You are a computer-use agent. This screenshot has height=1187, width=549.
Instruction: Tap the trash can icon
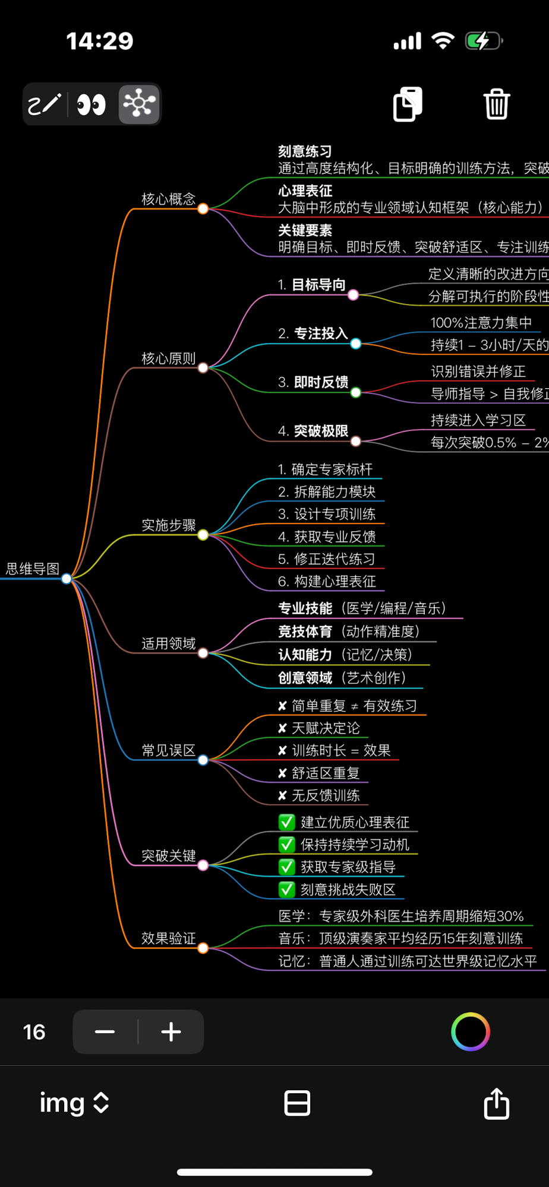(x=496, y=104)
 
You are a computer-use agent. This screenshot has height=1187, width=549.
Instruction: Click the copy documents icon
(x=408, y=104)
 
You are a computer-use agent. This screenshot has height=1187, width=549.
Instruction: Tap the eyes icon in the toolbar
(x=91, y=104)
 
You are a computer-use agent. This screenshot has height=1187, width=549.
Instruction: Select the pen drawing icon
(x=45, y=104)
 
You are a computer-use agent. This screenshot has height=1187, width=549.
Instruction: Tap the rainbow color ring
(x=471, y=1032)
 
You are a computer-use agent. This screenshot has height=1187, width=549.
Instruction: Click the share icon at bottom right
(x=496, y=1103)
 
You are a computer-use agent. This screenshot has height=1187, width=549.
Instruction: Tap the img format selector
(x=74, y=1103)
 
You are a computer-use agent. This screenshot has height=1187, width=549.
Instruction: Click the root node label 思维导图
(x=33, y=569)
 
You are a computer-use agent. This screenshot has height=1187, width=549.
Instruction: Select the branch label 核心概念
(x=168, y=199)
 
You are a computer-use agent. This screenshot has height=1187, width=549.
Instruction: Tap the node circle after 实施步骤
(x=203, y=535)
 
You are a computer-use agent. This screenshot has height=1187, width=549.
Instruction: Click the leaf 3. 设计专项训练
(x=327, y=514)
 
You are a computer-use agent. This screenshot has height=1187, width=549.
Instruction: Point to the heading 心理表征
(x=305, y=191)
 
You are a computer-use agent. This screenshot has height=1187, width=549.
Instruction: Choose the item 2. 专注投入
(x=313, y=334)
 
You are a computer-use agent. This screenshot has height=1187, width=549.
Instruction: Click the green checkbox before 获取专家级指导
(x=287, y=867)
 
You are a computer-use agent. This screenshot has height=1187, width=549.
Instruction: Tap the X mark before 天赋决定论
(x=282, y=728)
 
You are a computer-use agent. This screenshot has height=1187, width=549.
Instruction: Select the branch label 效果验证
(x=168, y=938)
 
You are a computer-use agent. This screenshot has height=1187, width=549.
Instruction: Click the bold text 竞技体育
(x=305, y=631)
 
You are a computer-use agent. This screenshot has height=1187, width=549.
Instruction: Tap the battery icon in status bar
(x=483, y=41)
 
